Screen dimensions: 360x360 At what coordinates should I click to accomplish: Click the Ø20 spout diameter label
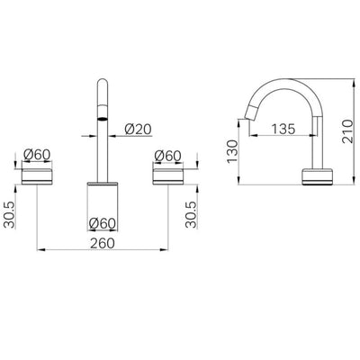pos(139,130)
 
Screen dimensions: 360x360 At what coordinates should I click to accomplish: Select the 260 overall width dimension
pos(103,243)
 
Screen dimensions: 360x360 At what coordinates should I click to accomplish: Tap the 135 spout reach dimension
pos(283,129)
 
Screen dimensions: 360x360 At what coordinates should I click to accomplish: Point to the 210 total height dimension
pos(347,131)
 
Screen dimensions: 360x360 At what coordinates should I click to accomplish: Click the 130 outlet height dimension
pos(232,151)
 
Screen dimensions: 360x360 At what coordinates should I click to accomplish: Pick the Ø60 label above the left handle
pos(37,155)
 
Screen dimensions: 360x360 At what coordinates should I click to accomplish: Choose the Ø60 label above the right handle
pos(168,156)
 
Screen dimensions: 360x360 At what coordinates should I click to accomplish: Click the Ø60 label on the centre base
pos(103,223)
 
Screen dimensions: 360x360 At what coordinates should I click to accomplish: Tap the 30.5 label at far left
pos(10,215)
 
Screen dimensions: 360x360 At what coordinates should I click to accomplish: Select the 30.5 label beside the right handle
pos(191,214)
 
